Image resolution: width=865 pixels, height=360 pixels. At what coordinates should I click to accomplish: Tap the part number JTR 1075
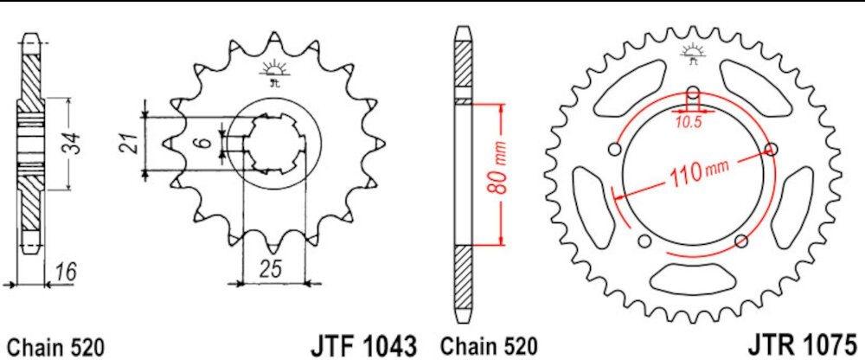(804, 344)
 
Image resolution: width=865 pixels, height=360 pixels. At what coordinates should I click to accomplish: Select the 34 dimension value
(74, 145)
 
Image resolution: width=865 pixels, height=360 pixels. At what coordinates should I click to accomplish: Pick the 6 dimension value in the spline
(203, 143)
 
